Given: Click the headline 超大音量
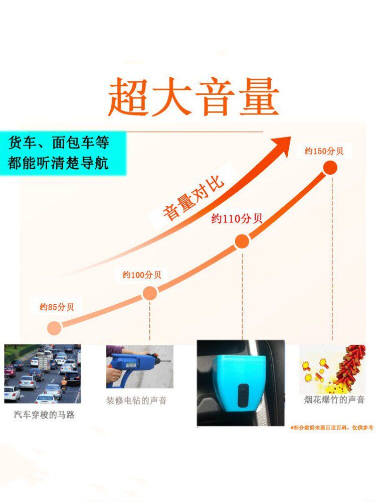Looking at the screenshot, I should [194, 97].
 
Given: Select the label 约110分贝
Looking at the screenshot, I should [237, 218].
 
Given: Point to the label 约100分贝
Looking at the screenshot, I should [142, 275].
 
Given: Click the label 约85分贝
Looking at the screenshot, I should [57, 307].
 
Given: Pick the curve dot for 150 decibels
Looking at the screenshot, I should [330, 168].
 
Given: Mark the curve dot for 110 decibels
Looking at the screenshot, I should [242, 241].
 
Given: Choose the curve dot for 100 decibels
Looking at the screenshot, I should [150, 293].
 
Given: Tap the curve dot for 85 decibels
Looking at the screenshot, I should [54, 328].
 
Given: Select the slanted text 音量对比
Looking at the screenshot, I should [193, 198].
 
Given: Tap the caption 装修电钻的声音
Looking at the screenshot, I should [136, 401].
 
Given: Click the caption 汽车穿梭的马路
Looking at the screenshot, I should [44, 415].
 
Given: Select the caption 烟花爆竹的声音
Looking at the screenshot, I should [334, 400].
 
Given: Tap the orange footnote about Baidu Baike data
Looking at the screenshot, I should [331, 428].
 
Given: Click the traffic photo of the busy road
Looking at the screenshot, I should [42, 374].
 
